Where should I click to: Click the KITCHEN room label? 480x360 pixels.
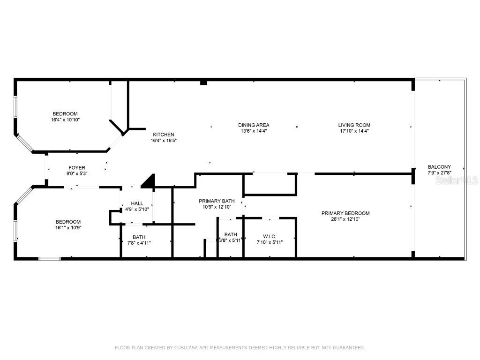point(163,135)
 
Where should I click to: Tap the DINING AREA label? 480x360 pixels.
point(254,125)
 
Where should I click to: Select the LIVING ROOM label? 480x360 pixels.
point(354,125)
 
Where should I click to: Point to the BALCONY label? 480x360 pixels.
point(439,167)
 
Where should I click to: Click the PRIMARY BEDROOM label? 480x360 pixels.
point(345,213)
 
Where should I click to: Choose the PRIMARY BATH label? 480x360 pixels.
point(217,201)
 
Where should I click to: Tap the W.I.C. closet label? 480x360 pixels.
point(269,236)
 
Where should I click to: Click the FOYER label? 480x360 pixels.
point(77,167)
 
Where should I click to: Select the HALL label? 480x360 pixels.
point(137,203)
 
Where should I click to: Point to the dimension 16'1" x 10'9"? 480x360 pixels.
point(68,228)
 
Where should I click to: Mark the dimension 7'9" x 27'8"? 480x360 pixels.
point(439,173)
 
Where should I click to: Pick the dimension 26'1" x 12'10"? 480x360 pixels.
point(345,219)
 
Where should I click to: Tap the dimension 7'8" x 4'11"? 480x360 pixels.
point(139,243)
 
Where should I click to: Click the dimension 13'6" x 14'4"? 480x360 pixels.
point(254,131)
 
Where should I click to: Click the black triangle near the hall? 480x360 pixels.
point(149,182)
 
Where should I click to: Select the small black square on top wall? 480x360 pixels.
point(203,82)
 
